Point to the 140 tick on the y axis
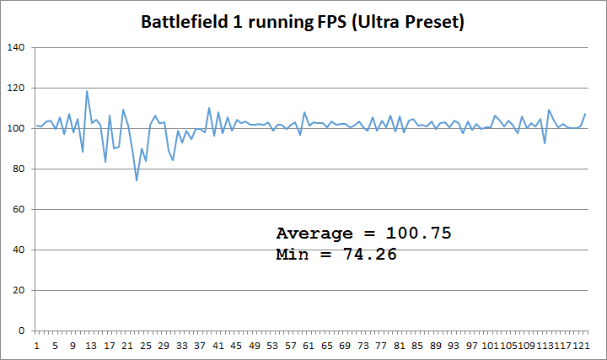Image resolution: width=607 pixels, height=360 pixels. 16,47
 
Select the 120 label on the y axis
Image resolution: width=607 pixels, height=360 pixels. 16,88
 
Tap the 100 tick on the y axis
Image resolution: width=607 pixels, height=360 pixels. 16,128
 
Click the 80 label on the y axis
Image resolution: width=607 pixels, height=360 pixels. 19,169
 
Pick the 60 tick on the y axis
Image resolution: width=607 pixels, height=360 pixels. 19,209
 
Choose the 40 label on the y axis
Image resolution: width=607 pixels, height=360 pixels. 19,250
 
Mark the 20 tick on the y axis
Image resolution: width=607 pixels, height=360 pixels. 19,290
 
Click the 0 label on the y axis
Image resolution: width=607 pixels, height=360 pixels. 22,330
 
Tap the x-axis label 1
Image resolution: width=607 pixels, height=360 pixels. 37,346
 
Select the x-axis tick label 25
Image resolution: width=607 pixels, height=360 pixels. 146,346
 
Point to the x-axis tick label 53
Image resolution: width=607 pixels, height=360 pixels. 273,346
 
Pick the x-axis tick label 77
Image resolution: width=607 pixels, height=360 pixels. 382,346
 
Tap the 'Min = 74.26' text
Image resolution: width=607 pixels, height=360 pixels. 336,254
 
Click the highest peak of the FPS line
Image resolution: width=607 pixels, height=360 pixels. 87,91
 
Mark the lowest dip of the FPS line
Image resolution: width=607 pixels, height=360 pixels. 137,180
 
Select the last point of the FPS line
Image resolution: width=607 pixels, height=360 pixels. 585,114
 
